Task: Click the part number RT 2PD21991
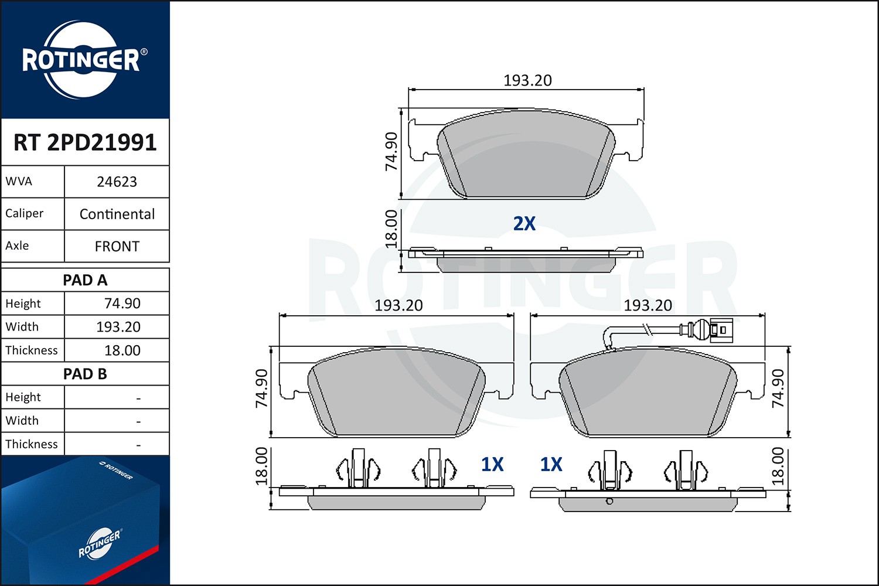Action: pyautogui.click(x=85, y=142)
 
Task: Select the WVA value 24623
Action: pyautogui.click(x=117, y=182)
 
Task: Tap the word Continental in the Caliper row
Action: pyautogui.click(x=117, y=214)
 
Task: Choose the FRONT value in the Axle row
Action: pyautogui.click(x=117, y=247)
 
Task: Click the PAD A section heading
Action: pyautogui.click(x=85, y=280)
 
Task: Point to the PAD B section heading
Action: pyautogui.click(x=85, y=374)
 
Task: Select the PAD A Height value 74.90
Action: pyautogui.click(x=122, y=304)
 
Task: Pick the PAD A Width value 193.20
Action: pyautogui.click(x=118, y=327)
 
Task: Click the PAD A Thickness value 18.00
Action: pyautogui.click(x=122, y=350)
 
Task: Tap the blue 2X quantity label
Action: pyautogui.click(x=524, y=224)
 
